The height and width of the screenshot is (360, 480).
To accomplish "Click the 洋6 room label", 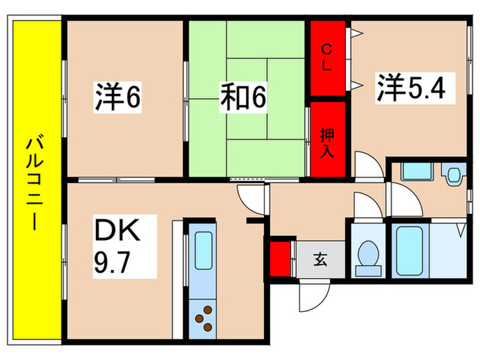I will coord(117,98).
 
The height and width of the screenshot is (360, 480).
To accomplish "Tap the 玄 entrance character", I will coord(320,259).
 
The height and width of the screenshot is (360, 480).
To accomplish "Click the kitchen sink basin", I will coord(204,251).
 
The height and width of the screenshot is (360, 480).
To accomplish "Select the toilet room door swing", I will coord(363,206).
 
